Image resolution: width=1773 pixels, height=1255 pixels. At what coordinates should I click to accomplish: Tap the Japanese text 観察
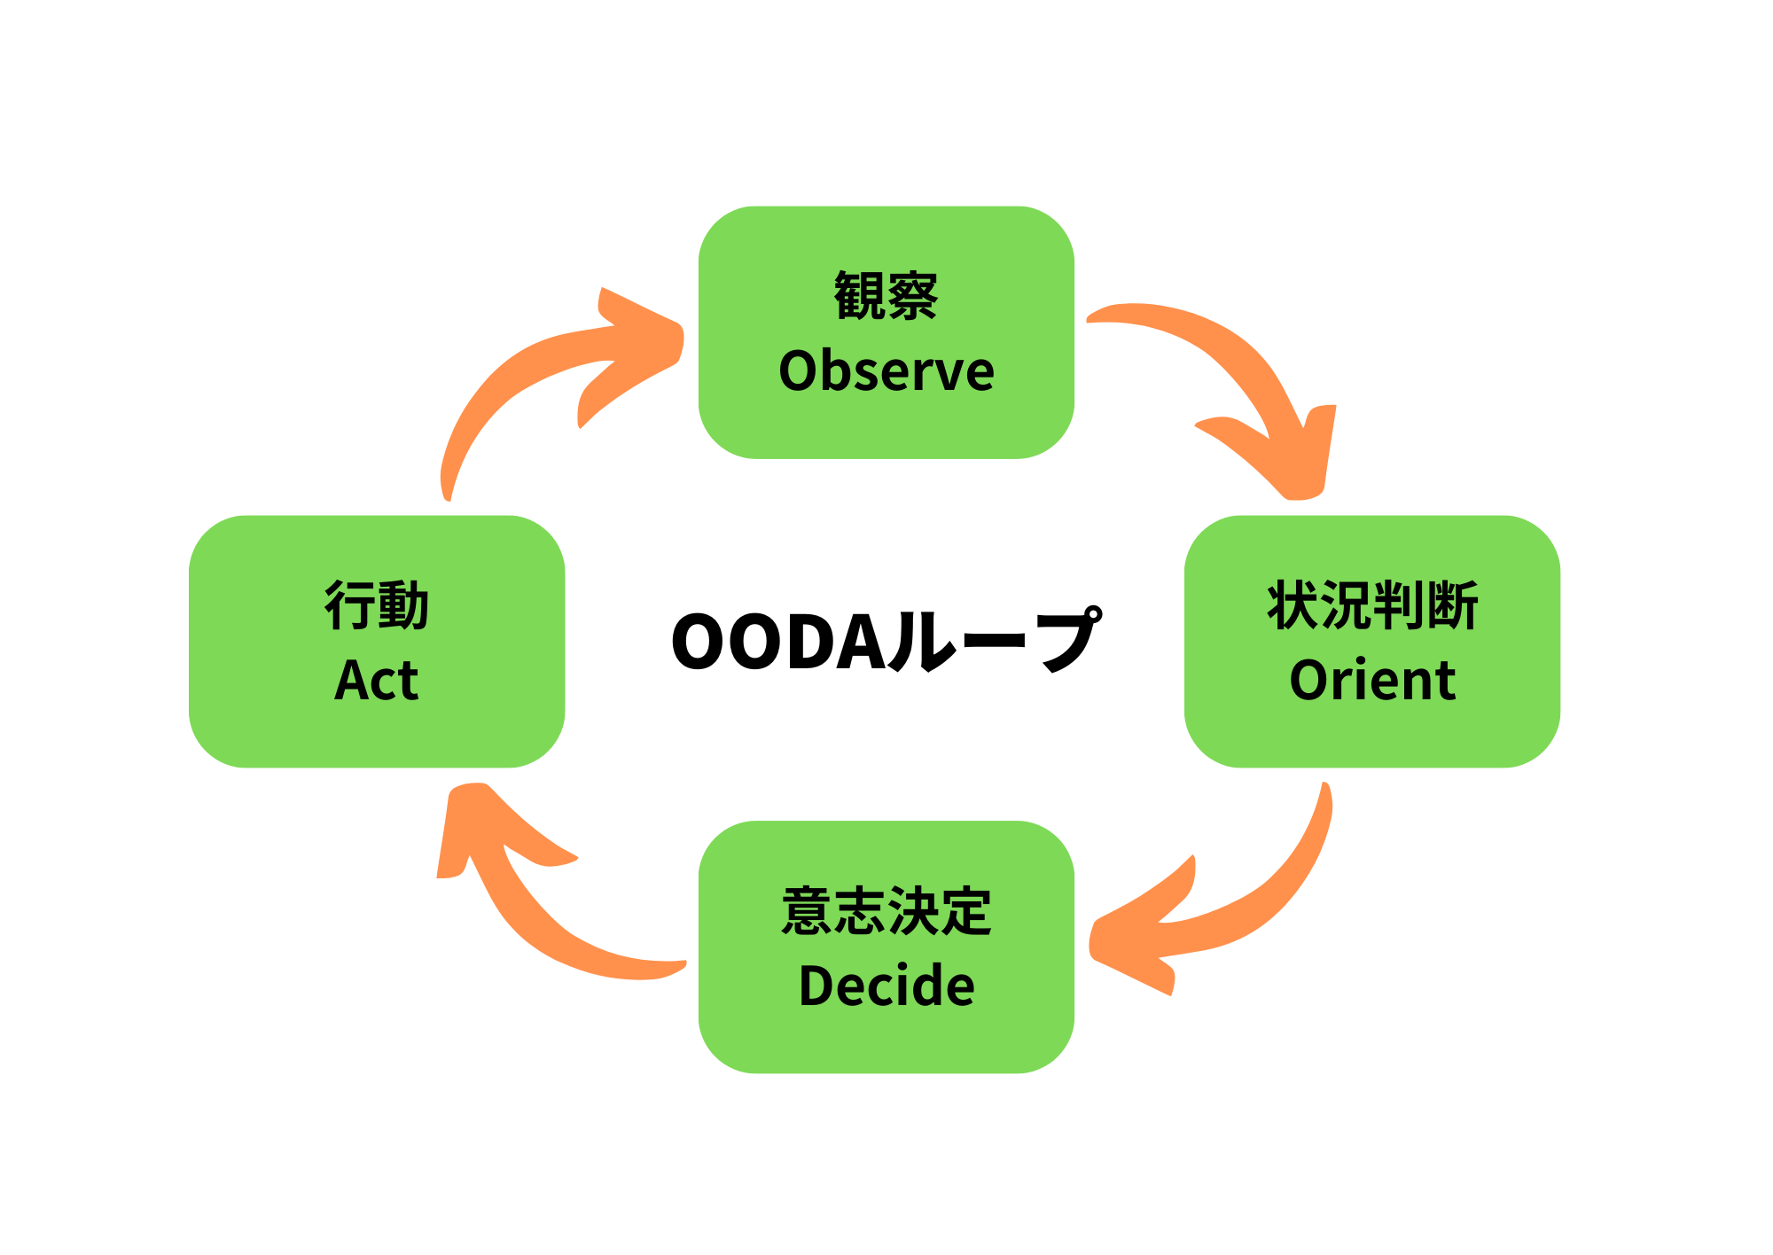tap(886, 296)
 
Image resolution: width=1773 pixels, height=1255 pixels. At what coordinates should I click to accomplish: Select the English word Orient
tap(1372, 681)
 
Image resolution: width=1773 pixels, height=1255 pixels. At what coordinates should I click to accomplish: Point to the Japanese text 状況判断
tap(1372, 606)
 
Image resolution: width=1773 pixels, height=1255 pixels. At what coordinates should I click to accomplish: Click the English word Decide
tap(886, 986)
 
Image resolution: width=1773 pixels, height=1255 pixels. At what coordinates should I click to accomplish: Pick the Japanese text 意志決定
tap(886, 911)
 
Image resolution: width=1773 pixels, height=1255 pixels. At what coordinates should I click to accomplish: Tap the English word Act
tap(377, 681)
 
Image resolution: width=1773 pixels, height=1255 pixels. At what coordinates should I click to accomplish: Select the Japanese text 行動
tap(377, 606)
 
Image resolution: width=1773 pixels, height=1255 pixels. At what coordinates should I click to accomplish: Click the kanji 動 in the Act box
tap(403, 606)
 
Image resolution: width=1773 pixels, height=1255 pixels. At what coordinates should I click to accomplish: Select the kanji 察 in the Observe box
tap(913, 296)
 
